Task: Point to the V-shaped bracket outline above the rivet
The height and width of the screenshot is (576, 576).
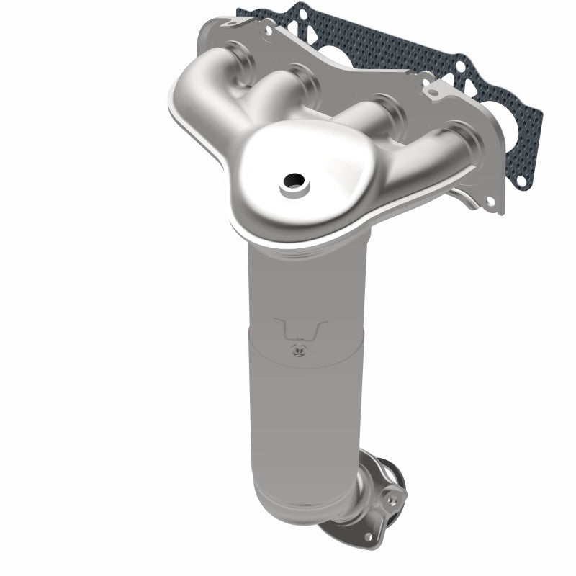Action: [302, 330]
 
